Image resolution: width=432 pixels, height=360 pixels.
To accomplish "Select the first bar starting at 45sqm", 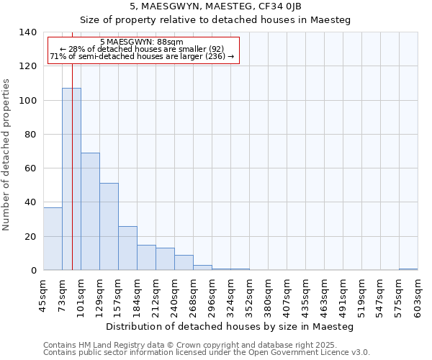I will pyautogui.click(x=53, y=238).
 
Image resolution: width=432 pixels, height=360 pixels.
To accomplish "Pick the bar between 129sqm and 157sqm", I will pyautogui.click(x=109, y=226).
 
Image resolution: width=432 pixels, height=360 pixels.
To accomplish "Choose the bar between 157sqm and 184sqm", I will pyautogui.click(x=127, y=248).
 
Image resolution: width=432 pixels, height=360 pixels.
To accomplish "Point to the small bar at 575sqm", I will pyautogui.click(x=408, y=269).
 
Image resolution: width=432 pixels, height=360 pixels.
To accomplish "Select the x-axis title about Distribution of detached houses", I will pyautogui.click(x=230, y=326).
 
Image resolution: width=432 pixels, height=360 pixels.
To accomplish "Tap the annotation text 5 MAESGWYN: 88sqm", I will pyautogui.click(x=142, y=42).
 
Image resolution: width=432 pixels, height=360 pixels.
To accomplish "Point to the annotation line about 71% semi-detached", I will pyautogui.click(x=142, y=56).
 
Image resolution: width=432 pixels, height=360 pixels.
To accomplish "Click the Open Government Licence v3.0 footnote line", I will pyautogui.click(x=207, y=352).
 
